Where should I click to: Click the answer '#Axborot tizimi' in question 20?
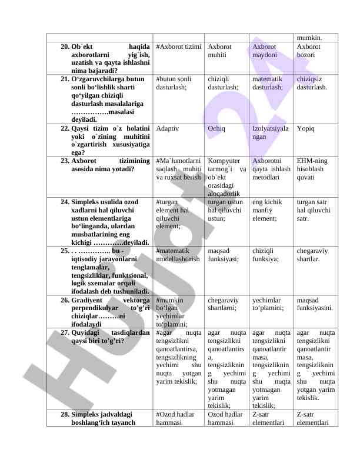click(x=179, y=46)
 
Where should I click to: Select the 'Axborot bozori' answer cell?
click(x=309, y=50)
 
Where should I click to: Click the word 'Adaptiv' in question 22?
click(x=168, y=128)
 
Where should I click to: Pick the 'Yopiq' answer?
click(x=306, y=128)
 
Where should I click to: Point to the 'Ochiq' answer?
click(x=216, y=128)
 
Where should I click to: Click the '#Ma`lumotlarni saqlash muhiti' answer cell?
click(x=179, y=168)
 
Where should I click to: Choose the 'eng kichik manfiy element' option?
click(x=269, y=209)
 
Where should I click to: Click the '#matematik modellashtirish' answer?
click(x=178, y=254)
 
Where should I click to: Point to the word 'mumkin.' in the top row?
click(x=308, y=37)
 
